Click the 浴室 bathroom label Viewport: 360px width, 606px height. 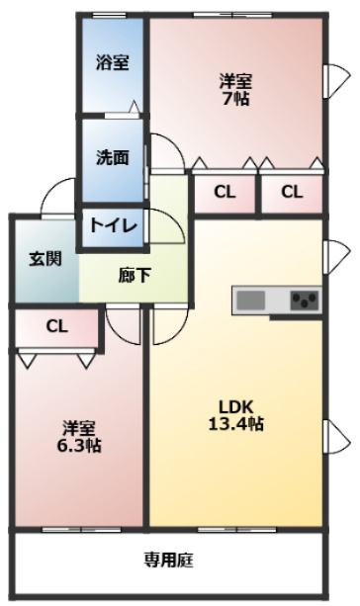click(112, 62)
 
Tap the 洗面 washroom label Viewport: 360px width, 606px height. click(112, 158)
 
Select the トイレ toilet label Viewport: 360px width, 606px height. click(114, 225)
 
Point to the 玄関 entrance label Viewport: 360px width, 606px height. click(45, 259)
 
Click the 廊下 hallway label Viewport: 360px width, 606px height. click(135, 276)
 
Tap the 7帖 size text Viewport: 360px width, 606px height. click(235, 99)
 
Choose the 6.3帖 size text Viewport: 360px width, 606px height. click(79, 446)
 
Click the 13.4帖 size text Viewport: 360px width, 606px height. click(236, 424)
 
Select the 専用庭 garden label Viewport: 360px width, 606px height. click(168, 560)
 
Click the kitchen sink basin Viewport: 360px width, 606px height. click(250, 301)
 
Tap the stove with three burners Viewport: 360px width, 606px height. click(305, 301)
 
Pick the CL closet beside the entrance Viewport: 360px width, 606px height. click(56, 327)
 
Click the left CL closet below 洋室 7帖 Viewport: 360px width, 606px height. click(225, 192)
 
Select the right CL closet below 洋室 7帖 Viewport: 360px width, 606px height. click(292, 192)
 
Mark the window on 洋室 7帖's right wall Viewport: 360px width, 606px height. click(336, 81)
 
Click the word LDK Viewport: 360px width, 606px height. click(235, 407)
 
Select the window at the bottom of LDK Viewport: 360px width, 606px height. click(237, 529)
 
